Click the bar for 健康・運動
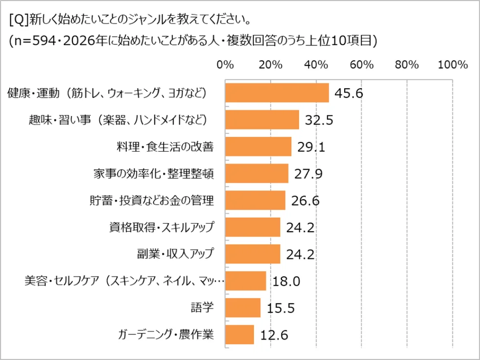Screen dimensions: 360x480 point(277,93)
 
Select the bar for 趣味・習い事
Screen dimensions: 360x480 point(262,120)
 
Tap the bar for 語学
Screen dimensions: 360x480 point(243,308)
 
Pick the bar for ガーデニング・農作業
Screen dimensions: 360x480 point(239,335)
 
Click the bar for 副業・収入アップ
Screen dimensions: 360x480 point(252,254)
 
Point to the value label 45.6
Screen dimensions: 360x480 point(349,93)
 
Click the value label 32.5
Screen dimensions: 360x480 point(319,121)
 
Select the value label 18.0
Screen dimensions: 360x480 point(286,281)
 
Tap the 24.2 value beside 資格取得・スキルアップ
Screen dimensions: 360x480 point(300,228)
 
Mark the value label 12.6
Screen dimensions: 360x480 point(274,335)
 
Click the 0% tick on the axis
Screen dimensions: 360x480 point(225,65)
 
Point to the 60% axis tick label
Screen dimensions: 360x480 point(362,65)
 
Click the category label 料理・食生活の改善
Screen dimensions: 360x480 point(164,147)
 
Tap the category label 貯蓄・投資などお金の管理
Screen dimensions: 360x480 point(151,201)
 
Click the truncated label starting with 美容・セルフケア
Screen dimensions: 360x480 point(125,281)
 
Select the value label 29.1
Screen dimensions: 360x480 point(311,147)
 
